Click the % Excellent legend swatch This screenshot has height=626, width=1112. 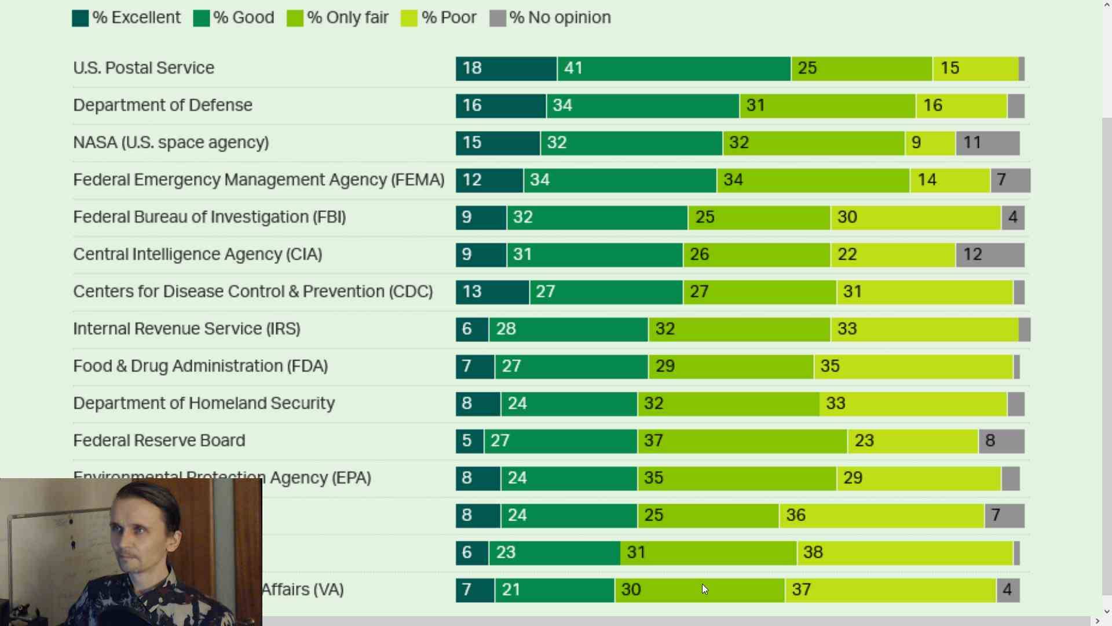click(80, 18)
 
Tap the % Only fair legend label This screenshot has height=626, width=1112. click(348, 18)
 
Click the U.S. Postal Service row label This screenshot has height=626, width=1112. click(144, 68)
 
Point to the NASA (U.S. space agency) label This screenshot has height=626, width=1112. click(171, 143)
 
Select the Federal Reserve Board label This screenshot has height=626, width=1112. click(159, 441)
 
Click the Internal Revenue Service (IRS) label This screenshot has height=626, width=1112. click(186, 329)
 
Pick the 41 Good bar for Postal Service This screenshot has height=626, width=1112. click(674, 68)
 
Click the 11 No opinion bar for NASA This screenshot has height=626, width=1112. click(987, 143)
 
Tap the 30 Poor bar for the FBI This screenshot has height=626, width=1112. click(915, 217)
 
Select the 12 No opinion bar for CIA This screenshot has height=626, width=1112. click(990, 254)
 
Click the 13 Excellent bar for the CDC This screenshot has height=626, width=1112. click(492, 292)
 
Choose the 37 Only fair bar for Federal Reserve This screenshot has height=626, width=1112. click(742, 441)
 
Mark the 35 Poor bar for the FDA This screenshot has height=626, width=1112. click(913, 366)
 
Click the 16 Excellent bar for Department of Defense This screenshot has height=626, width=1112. click(500, 105)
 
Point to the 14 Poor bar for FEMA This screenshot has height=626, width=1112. click(950, 180)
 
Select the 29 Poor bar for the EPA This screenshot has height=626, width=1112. click(919, 478)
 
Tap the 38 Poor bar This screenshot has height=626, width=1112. click(905, 552)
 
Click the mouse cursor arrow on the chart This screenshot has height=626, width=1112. click(704, 589)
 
